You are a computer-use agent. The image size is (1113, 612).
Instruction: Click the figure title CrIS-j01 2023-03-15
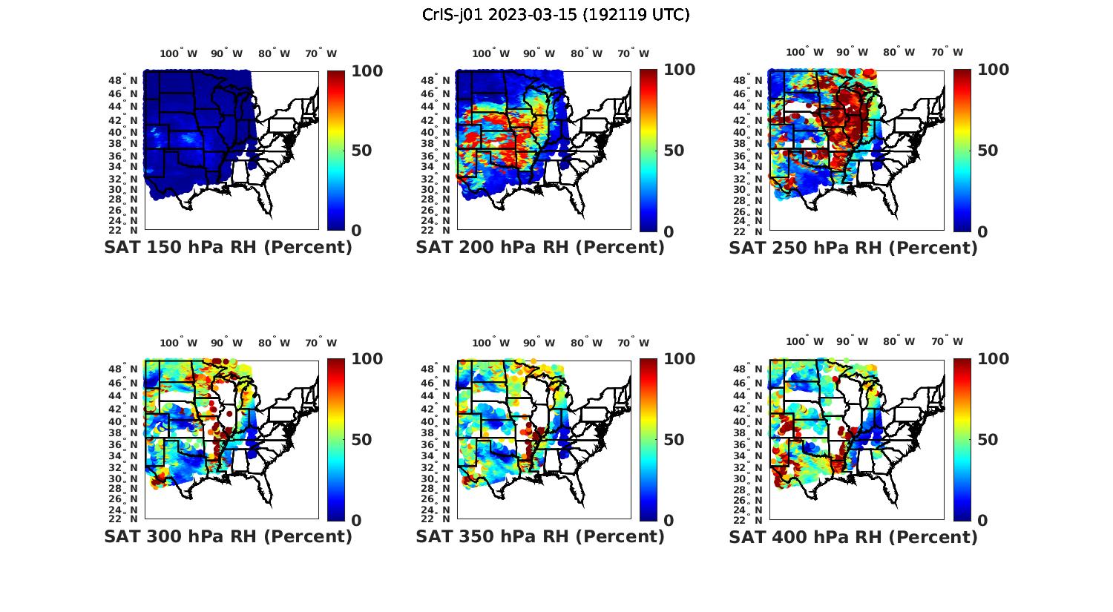click(x=556, y=15)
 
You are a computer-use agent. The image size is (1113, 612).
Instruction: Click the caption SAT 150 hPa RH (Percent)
click(x=228, y=248)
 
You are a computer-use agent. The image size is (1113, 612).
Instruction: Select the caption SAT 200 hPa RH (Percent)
click(x=540, y=248)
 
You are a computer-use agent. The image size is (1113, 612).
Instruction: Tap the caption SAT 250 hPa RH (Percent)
click(x=853, y=248)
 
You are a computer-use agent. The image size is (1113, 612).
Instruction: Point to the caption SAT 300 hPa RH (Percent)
click(x=228, y=536)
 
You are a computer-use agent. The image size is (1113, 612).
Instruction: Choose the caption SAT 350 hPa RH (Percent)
click(x=540, y=536)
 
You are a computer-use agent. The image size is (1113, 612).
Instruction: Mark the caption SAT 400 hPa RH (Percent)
click(x=853, y=536)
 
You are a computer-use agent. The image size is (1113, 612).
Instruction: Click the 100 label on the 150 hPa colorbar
click(x=367, y=70)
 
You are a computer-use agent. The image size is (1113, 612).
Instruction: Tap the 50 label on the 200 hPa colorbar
click(x=674, y=151)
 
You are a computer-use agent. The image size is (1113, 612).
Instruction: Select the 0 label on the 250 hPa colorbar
click(x=982, y=231)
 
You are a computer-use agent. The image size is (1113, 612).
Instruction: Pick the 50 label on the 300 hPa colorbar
click(x=361, y=440)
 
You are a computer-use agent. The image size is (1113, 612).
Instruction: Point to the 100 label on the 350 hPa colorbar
click(x=679, y=359)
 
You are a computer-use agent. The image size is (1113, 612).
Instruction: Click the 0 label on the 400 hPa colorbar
click(x=982, y=521)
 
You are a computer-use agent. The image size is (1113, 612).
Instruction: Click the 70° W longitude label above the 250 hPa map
click(x=947, y=52)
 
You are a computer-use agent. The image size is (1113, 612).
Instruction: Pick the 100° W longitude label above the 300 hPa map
click(x=179, y=343)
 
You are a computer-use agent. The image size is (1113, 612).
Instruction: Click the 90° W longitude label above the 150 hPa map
click(x=226, y=53)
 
